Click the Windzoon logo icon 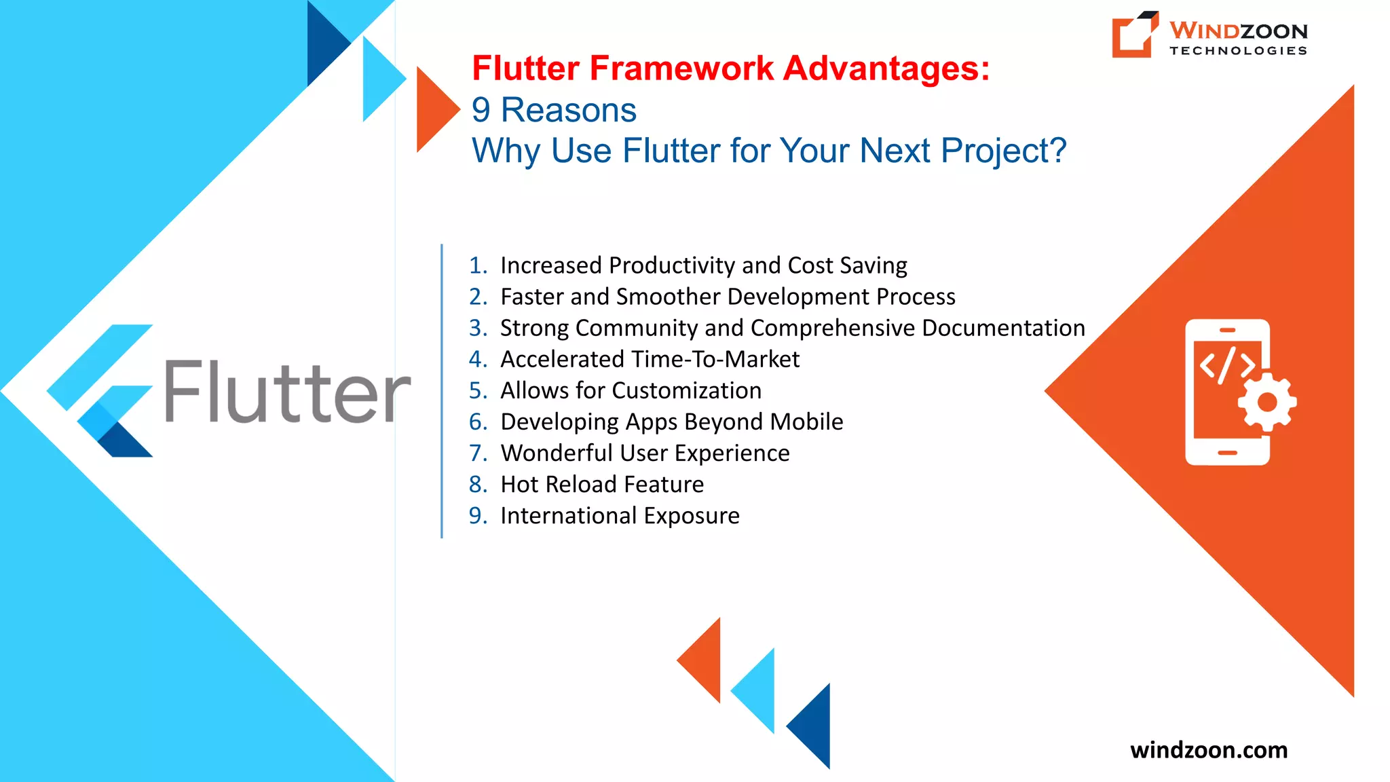click(x=1134, y=35)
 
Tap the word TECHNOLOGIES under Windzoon click(x=1238, y=51)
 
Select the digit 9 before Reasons click(x=481, y=110)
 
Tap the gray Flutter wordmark click(x=288, y=392)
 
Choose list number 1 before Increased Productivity click(x=477, y=265)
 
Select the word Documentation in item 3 click(x=1003, y=328)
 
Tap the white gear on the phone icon click(x=1266, y=403)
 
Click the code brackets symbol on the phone click(x=1226, y=366)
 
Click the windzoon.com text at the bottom click(x=1209, y=750)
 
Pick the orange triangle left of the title click(x=434, y=109)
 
